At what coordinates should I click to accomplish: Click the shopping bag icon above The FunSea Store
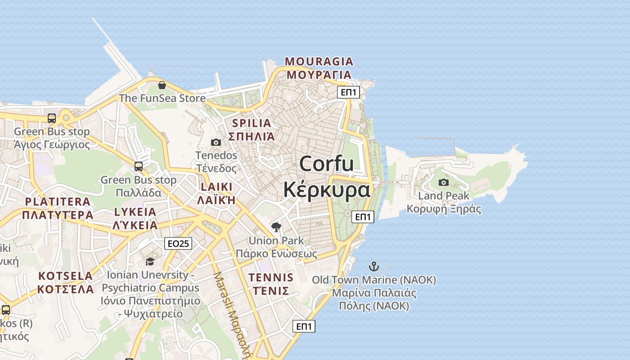162,85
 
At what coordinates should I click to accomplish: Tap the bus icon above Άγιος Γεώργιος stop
52,118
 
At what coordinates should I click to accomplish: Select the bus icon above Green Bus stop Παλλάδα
139,166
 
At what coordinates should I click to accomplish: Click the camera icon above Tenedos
216,142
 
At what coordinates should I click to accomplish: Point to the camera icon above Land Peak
444,182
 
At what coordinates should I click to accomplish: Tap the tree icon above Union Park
276,227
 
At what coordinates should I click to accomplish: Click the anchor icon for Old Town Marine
374,266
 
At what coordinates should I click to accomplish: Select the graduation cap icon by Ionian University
150,261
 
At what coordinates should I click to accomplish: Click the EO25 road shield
178,243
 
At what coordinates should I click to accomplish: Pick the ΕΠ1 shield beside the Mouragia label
349,93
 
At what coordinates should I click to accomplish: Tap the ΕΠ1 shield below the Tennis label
304,326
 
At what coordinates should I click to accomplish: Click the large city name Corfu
327,163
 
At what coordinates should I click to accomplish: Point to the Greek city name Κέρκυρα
327,189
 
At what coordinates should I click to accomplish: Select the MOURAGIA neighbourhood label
319,62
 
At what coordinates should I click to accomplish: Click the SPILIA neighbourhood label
252,123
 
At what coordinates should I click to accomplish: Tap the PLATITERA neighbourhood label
58,202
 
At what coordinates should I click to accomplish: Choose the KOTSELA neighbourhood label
66,275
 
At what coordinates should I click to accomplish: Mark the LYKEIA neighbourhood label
135,211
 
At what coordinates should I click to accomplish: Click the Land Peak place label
444,196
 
